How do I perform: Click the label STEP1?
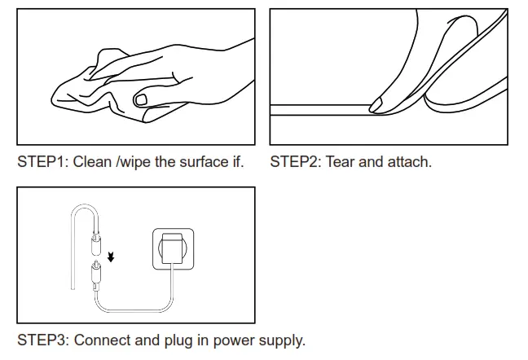pos(43,161)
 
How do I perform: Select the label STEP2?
pos(296,161)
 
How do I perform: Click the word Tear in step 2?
pos(341,161)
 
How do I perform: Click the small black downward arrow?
pos(112,258)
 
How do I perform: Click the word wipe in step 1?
pos(135,161)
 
